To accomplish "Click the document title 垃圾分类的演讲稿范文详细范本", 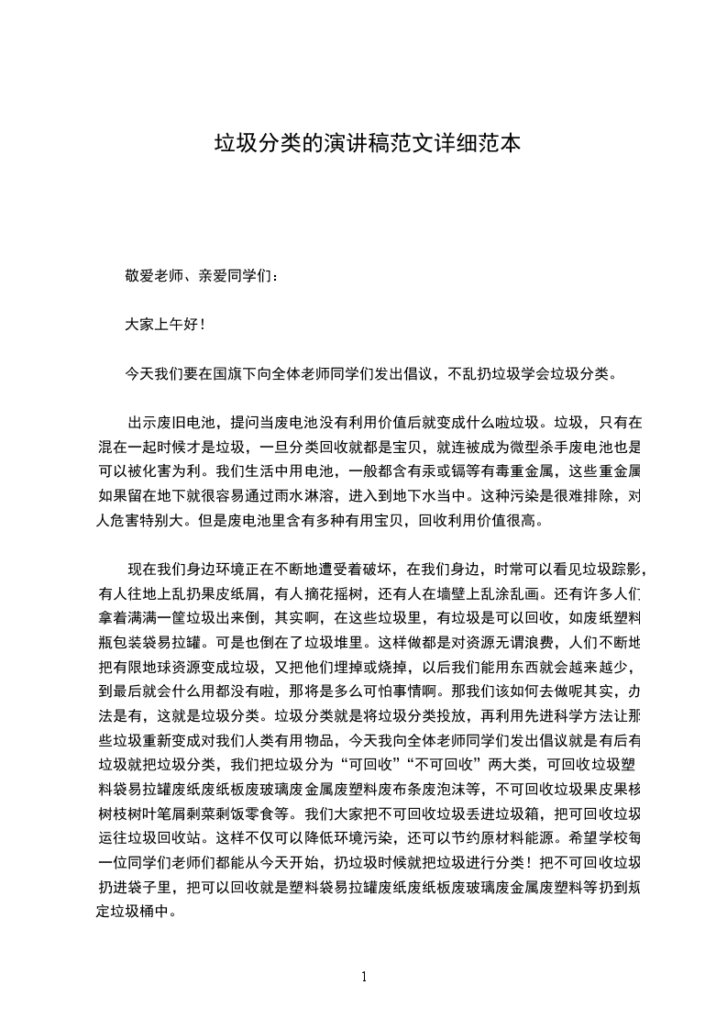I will coord(367,144).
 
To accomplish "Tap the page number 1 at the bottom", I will coord(364,977).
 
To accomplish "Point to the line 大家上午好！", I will coord(165,325).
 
